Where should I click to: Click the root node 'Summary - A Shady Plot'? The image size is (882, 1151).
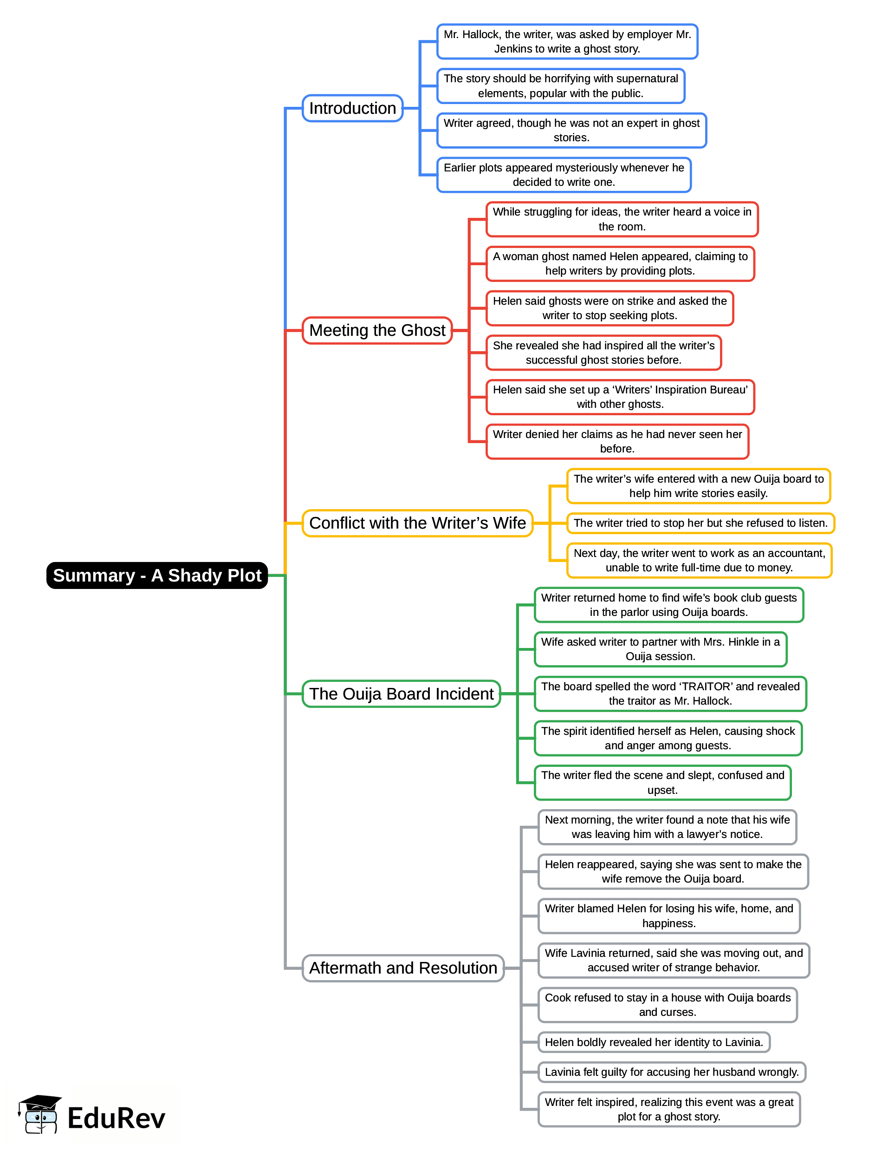(x=157, y=575)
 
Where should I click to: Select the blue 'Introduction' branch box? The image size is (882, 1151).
(x=352, y=108)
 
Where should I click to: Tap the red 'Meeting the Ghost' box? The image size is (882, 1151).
(x=377, y=330)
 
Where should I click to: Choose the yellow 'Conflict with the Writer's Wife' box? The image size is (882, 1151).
(x=417, y=523)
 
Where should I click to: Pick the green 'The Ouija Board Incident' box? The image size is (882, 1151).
(x=401, y=694)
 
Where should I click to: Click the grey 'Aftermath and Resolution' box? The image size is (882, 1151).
(x=402, y=968)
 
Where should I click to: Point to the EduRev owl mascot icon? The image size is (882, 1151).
(x=39, y=1115)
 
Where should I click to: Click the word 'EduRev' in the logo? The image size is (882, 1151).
(x=116, y=1118)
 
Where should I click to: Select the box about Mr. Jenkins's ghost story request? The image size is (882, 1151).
(x=567, y=41)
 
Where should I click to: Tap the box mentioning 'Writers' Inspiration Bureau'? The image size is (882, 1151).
(x=620, y=397)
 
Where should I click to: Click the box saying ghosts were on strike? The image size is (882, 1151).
(x=610, y=308)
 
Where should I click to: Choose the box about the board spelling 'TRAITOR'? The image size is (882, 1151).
(x=670, y=694)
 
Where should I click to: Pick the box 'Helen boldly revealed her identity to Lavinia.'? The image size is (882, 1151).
(x=654, y=1042)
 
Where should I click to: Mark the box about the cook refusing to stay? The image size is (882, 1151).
(x=667, y=1005)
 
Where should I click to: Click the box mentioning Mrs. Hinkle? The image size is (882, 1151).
(x=661, y=649)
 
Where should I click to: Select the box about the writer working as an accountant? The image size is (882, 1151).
(x=699, y=561)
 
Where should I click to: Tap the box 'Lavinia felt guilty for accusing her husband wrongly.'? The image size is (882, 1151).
(x=671, y=1072)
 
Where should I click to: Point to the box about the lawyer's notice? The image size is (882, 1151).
(x=667, y=827)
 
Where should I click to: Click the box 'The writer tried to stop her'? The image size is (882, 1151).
(x=700, y=523)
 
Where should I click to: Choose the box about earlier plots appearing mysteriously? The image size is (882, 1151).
(x=564, y=175)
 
